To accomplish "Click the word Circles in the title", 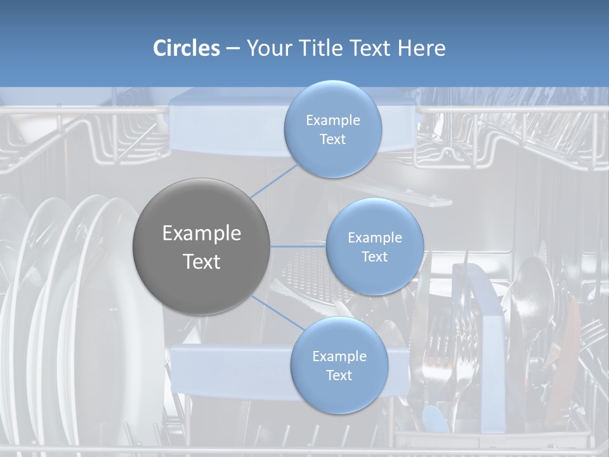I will pyautogui.click(x=187, y=48).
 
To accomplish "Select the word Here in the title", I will pyautogui.click(x=422, y=48).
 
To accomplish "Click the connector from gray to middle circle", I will pyautogui.click(x=298, y=246).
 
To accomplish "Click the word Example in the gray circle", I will pyautogui.click(x=202, y=234).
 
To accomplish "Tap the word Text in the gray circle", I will pyautogui.click(x=202, y=262).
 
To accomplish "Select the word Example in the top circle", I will pyautogui.click(x=333, y=121).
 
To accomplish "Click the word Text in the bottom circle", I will pyautogui.click(x=339, y=376).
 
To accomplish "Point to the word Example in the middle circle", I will pyautogui.click(x=375, y=238).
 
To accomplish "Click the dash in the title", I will pyautogui.click(x=233, y=48).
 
